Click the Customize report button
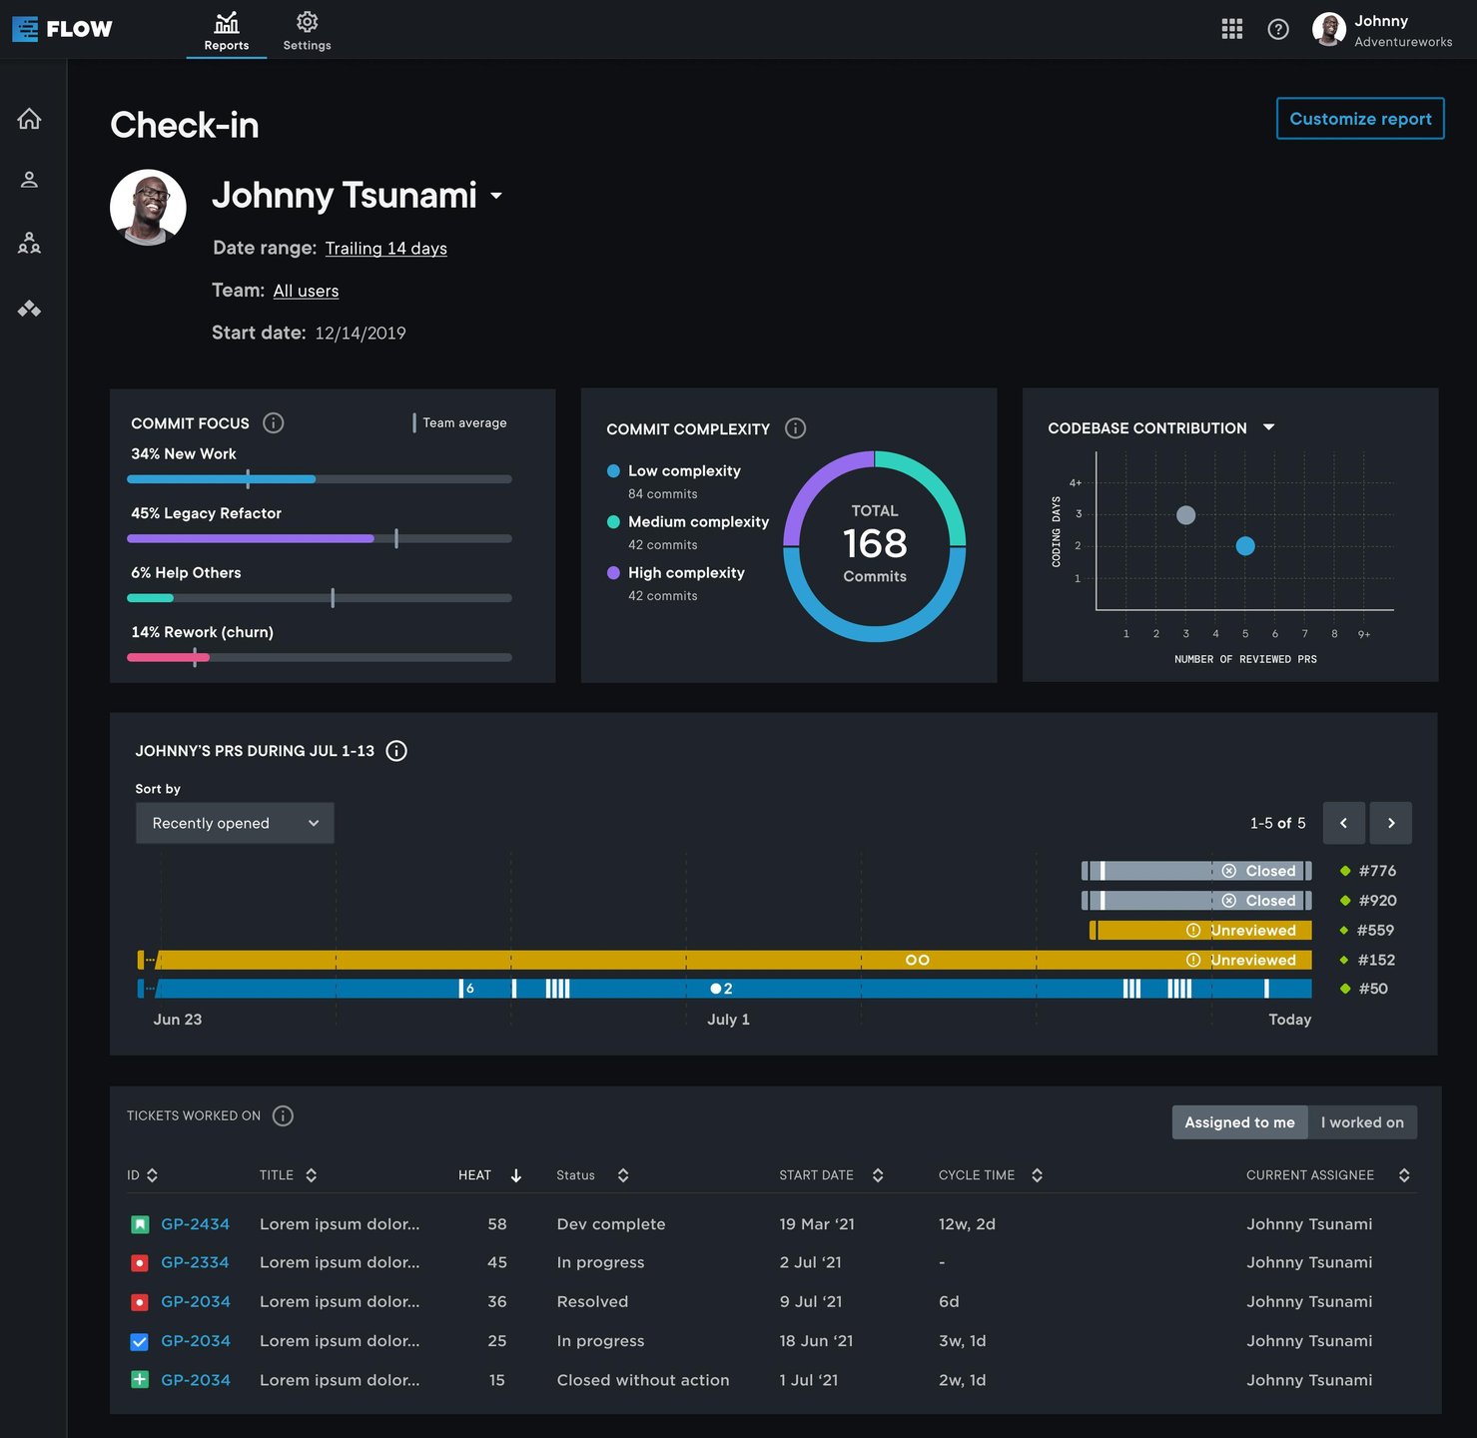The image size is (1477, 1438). pyautogui.click(x=1360, y=119)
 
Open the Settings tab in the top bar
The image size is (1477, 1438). pyautogui.click(x=307, y=31)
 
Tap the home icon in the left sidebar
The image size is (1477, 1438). pyautogui.click(x=29, y=119)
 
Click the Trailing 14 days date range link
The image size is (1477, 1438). pyautogui.click(x=385, y=249)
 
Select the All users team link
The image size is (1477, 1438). pyautogui.click(x=306, y=291)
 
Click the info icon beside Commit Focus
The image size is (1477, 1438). pyautogui.click(x=273, y=423)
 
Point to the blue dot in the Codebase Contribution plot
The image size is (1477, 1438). pyautogui.click(x=1245, y=545)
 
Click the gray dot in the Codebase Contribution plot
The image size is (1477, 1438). pyautogui.click(x=1185, y=515)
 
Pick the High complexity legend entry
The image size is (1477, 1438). pyautogui.click(x=685, y=573)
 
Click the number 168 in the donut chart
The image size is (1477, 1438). pyautogui.click(x=875, y=543)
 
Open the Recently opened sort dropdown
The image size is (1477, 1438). pyautogui.click(x=235, y=823)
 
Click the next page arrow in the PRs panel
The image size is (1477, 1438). pyautogui.click(x=1391, y=823)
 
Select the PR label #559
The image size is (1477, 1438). pyautogui.click(x=1375, y=930)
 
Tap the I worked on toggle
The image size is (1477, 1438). pyautogui.click(x=1362, y=1122)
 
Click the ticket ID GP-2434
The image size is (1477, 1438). pyautogui.click(x=195, y=1224)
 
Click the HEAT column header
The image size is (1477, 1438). pyautogui.click(x=475, y=1175)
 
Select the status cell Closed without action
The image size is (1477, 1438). pyautogui.click(x=643, y=1380)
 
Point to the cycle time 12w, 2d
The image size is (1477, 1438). pyautogui.click(x=967, y=1224)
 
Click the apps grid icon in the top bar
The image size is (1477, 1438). pyautogui.click(x=1232, y=29)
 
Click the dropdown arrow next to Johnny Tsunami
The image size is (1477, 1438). pyautogui.click(x=496, y=196)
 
